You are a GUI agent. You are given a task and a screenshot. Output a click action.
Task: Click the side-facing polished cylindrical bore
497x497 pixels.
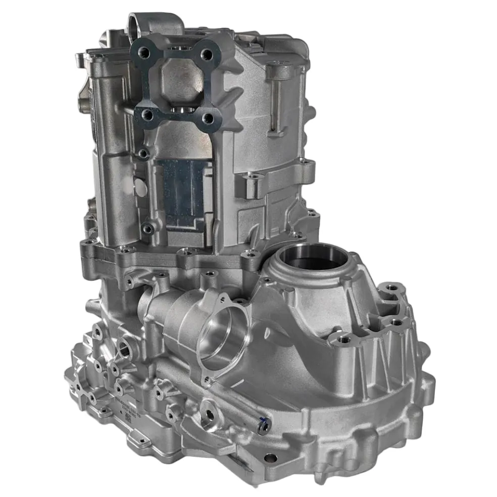(222, 338)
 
